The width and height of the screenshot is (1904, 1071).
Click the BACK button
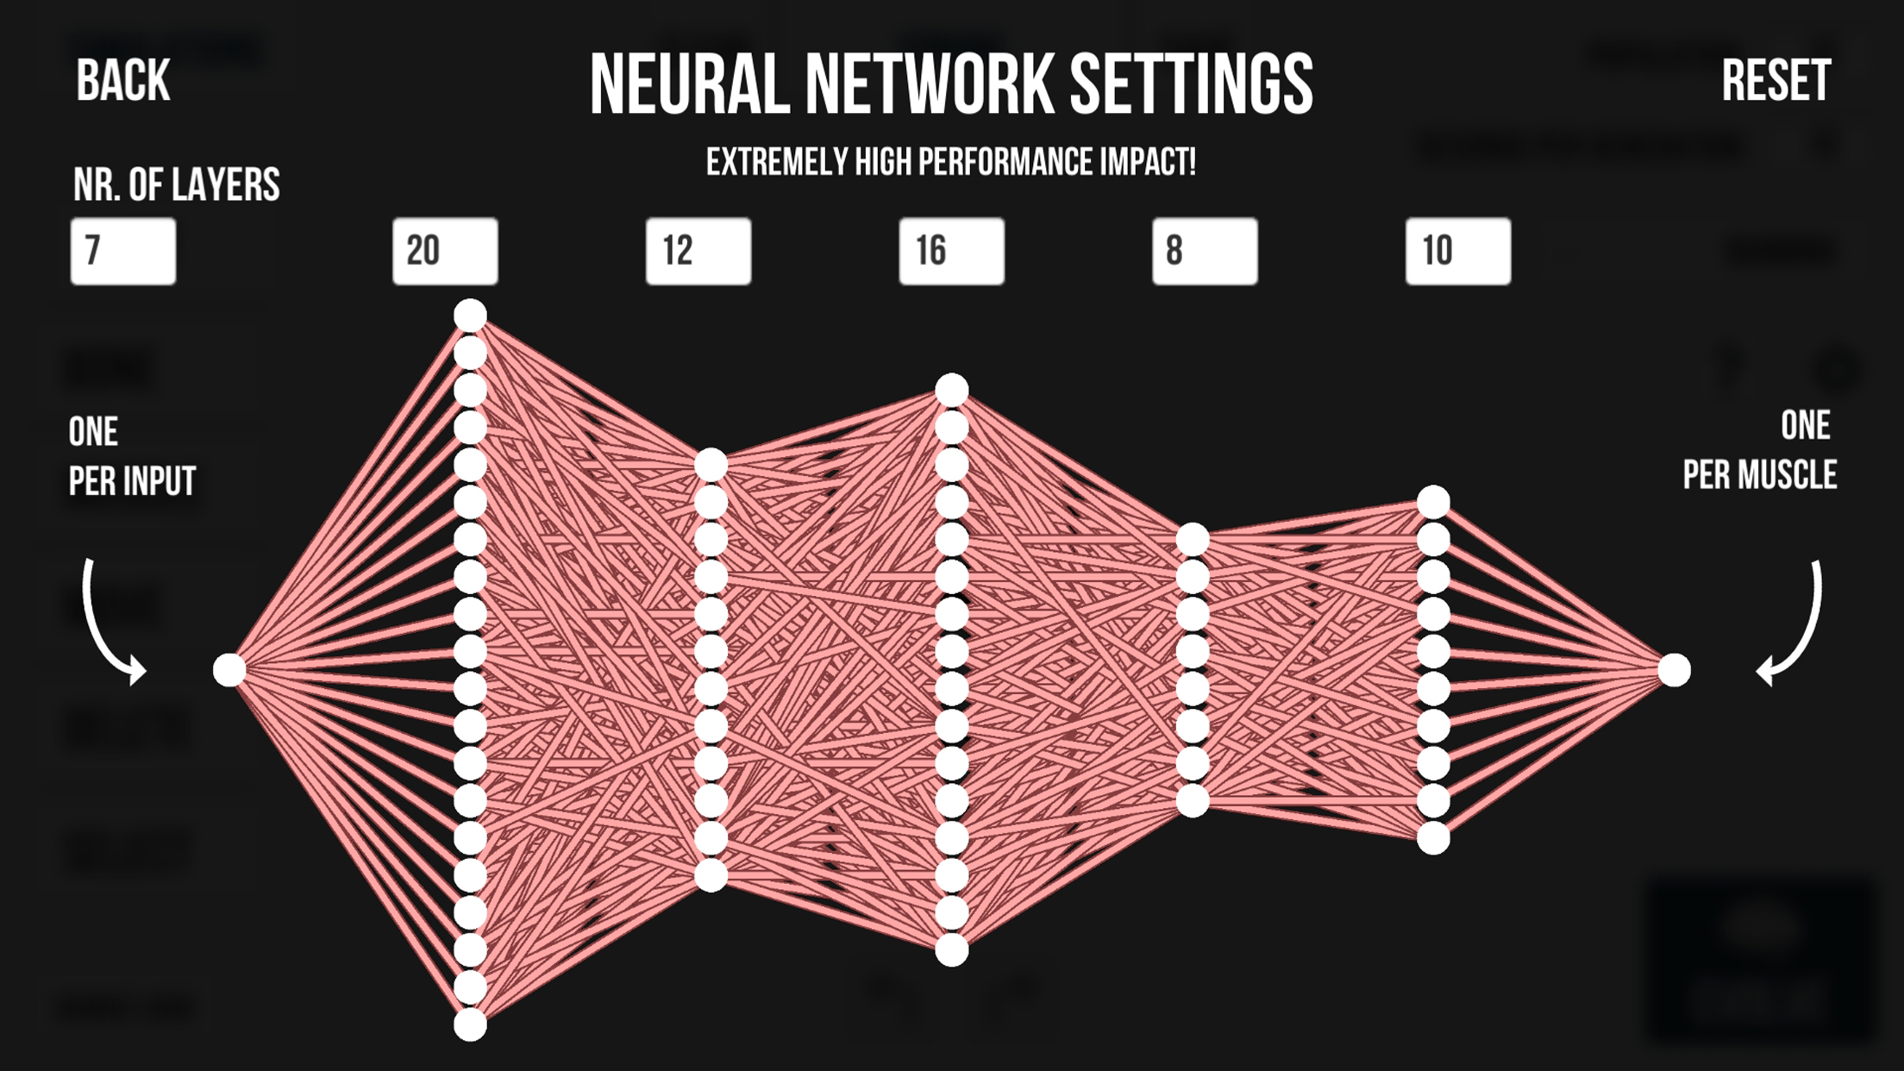point(123,81)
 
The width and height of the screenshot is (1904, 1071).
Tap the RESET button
point(1776,81)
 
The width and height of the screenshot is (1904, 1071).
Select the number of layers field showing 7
point(123,251)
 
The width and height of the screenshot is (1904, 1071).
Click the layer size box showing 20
point(445,251)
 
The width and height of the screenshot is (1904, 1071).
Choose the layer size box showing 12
point(698,251)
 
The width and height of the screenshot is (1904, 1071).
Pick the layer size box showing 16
point(951,251)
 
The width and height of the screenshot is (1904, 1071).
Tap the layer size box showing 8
point(1205,251)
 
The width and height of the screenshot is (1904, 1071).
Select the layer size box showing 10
point(1458,251)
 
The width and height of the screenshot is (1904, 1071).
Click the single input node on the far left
point(229,670)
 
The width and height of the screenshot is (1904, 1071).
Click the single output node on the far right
point(1675,670)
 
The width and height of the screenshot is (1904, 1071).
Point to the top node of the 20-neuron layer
point(470,316)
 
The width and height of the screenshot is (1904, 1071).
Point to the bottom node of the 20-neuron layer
point(470,1025)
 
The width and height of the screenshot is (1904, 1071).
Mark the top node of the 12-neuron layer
point(711,466)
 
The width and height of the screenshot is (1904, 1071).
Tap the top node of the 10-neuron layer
point(1433,503)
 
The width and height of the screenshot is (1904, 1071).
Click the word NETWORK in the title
point(928,85)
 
